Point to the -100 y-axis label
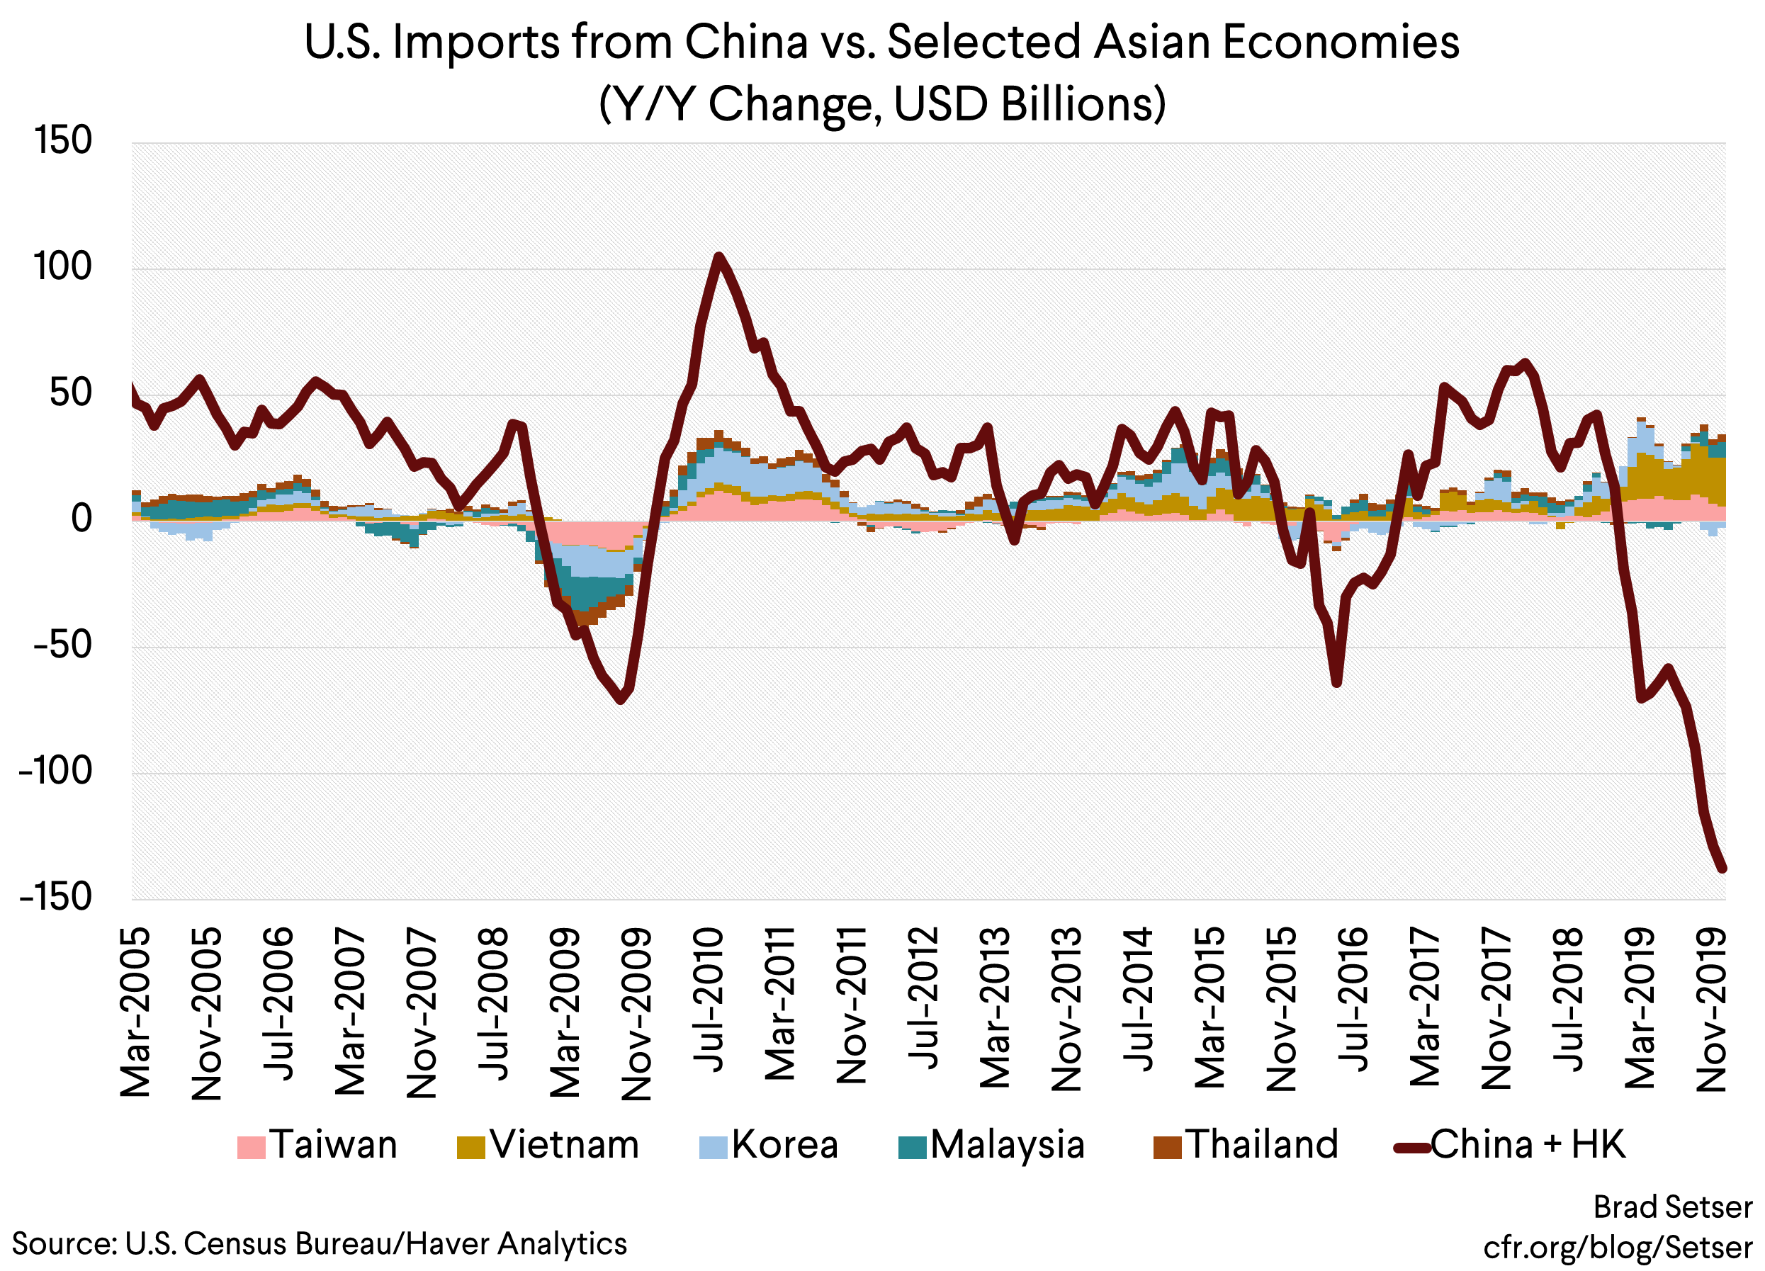(55, 772)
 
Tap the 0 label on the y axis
(81, 519)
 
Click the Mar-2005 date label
(136, 1012)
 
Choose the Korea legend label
(784, 1145)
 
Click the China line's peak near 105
(718, 256)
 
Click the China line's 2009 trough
(620, 700)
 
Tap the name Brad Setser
(1672, 1208)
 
